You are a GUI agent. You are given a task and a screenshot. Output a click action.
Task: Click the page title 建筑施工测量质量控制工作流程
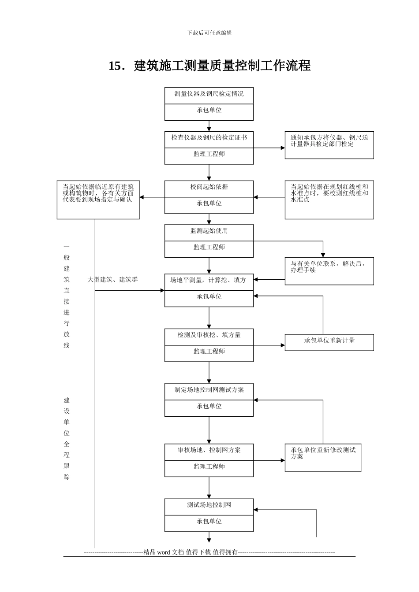click(x=209, y=66)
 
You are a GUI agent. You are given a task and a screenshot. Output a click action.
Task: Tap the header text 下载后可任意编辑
click(x=209, y=33)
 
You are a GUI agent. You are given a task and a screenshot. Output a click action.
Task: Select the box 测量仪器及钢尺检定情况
click(x=209, y=94)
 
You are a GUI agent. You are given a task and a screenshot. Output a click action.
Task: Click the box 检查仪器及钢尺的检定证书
click(x=209, y=138)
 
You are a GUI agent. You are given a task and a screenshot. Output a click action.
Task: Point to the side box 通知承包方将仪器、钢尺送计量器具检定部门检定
click(x=329, y=145)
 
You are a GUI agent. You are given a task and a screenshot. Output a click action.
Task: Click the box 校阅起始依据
click(x=209, y=187)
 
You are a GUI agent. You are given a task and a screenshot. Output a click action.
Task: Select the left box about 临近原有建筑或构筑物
click(x=98, y=200)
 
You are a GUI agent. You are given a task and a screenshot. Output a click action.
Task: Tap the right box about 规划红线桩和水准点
click(x=329, y=200)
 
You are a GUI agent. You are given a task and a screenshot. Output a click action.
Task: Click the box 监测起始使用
click(x=209, y=231)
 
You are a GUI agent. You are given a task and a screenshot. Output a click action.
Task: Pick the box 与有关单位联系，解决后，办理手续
click(x=329, y=271)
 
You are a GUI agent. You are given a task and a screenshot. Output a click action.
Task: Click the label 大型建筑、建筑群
click(x=112, y=280)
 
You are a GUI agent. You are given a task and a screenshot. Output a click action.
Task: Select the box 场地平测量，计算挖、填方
click(x=209, y=280)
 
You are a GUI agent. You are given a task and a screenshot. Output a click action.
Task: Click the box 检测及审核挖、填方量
click(x=209, y=335)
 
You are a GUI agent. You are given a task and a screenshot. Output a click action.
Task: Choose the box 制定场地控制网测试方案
click(x=209, y=390)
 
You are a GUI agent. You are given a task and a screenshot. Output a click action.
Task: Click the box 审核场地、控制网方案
click(x=209, y=450)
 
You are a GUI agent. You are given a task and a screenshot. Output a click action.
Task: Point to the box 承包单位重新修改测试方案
click(x=323, y=457)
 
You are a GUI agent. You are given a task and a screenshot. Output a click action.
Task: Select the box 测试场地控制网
click(x=209, y=505)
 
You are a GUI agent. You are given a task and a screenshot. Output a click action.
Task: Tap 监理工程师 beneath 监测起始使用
click(x=209, y=248)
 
